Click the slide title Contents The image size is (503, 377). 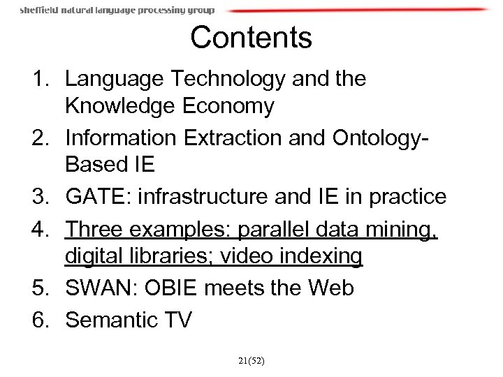251,37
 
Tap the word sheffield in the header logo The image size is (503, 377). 40,10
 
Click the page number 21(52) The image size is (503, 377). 251,361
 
